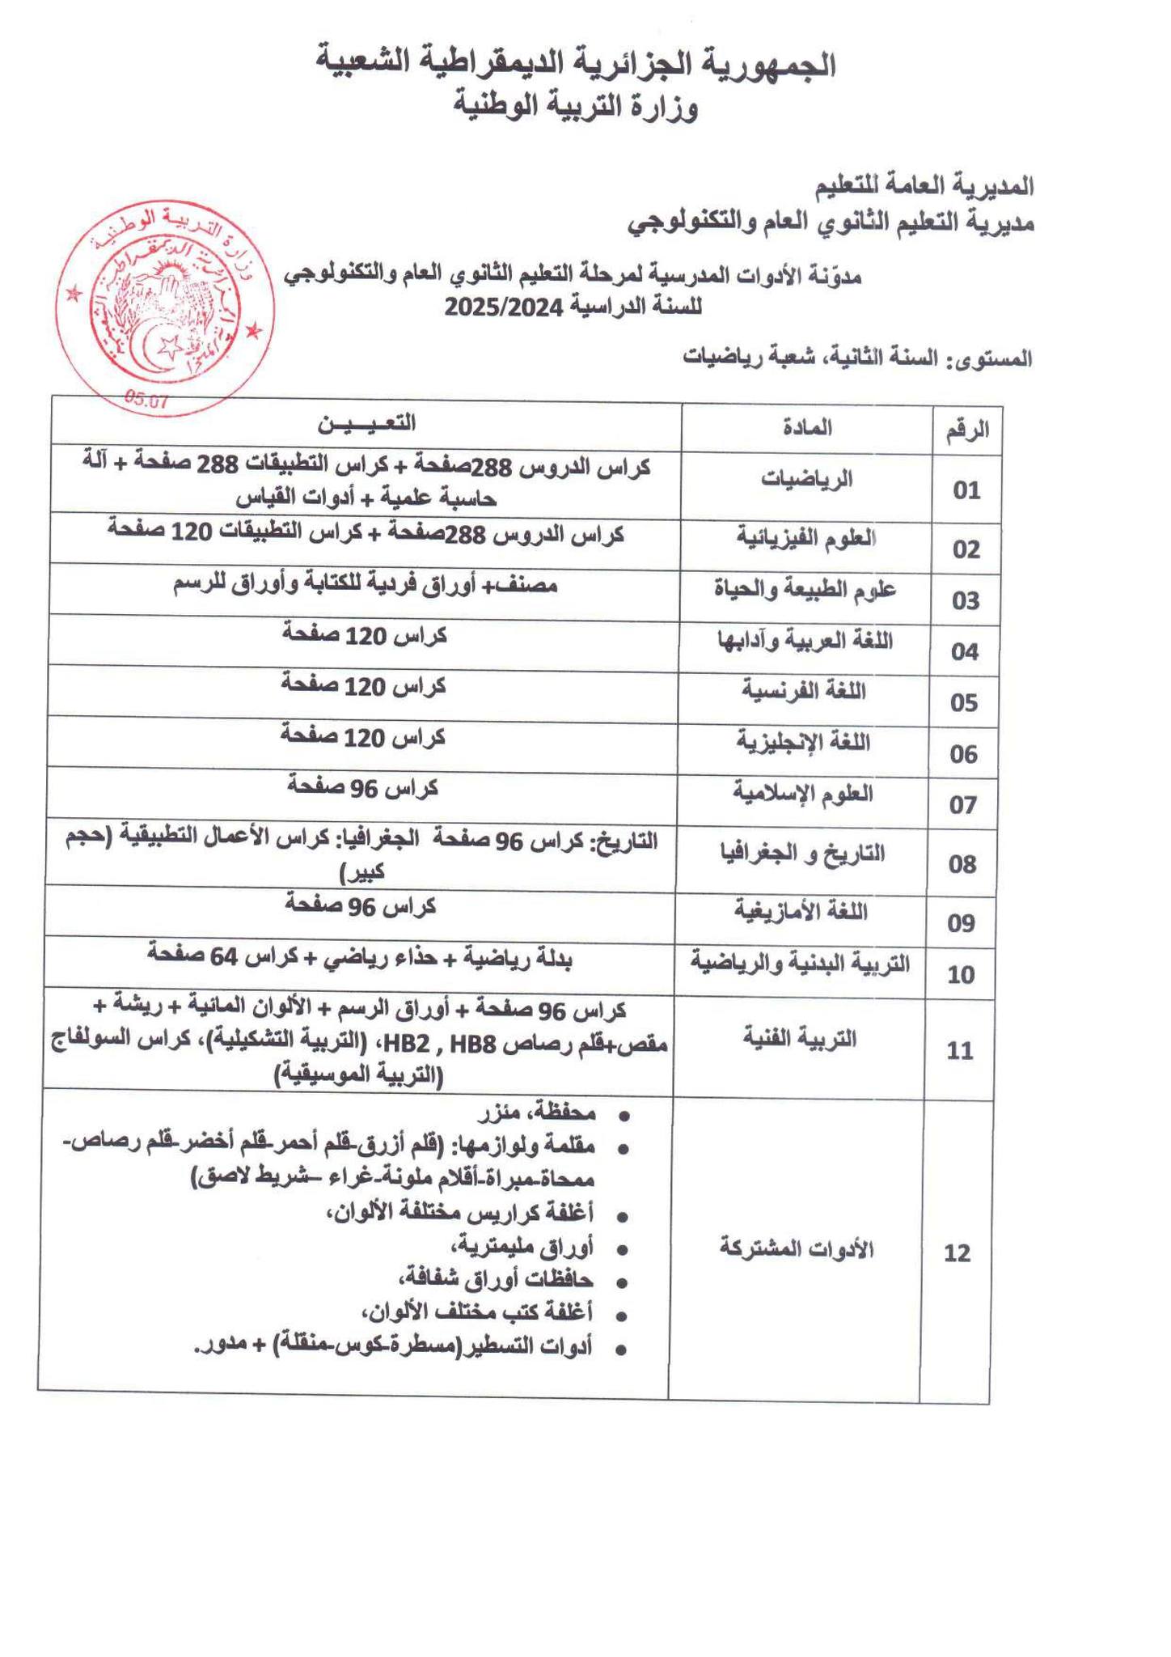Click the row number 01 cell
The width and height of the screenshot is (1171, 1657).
[x=966, y=490]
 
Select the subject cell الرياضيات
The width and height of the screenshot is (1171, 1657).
[x=806, y=479]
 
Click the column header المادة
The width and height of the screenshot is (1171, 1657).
[x=806, y=427]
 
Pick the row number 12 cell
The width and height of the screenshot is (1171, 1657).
[x=957, y=1253]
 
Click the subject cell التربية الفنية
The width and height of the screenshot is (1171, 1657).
[x=800, y=1038]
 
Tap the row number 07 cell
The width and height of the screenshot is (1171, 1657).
[x=963, y=805]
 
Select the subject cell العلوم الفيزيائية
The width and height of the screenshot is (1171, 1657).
[x=806, y=537]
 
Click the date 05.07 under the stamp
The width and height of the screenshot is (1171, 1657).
[x=146, y=399]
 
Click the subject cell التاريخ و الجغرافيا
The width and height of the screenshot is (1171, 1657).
[x=801, y=853]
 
